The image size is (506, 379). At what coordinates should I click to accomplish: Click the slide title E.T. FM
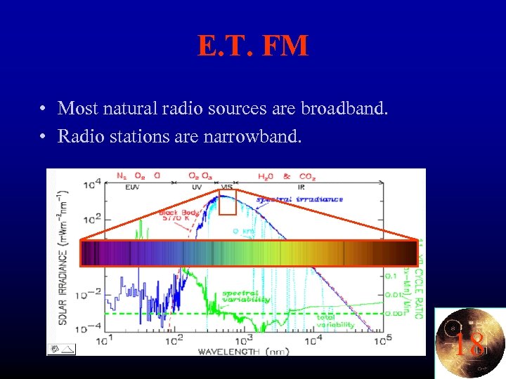coord(253,46)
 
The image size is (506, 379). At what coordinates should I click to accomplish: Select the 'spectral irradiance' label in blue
coord(299,199)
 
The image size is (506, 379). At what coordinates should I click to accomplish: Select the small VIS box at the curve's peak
coord(227,204)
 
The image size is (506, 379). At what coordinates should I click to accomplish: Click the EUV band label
coord(132,187)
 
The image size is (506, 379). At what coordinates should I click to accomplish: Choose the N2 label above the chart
coord(121,175)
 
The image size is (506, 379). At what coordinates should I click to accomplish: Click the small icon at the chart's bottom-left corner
coord(61,348)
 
